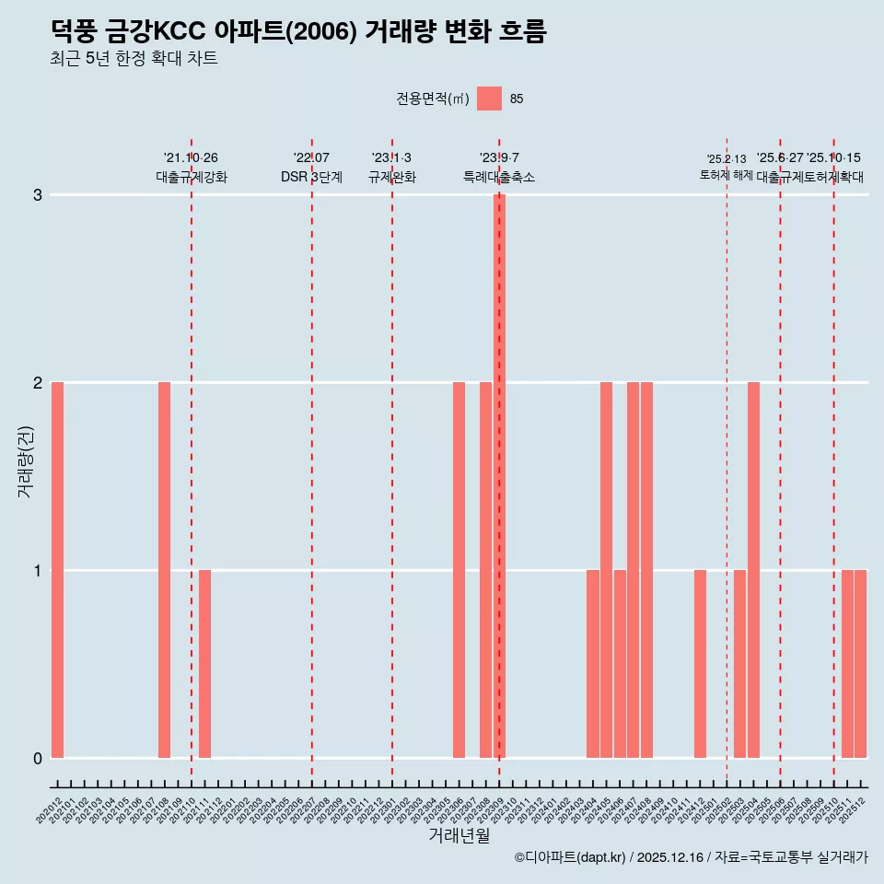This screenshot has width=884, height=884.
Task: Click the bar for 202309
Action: (x=499, y=476)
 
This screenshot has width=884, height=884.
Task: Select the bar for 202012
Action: (x=57, y=570)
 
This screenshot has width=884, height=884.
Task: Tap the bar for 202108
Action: (x=164, y=570)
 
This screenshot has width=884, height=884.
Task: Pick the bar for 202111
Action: (x=204, y=664)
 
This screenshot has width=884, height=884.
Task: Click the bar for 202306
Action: (x=459, y=570)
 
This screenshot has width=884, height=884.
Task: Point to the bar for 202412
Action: (x=700, y=664)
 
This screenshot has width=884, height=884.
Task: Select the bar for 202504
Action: (x=753, y=570)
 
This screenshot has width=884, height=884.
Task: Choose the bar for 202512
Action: (x=860, y=664)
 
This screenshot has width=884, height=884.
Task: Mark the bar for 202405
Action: (x=606, y=570)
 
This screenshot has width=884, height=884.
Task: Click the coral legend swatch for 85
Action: (x=489, y=99)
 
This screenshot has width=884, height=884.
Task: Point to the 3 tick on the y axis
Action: (x=38, y=194)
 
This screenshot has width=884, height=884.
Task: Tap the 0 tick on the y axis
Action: (x=38, y=758)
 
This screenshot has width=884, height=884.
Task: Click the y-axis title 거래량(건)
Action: (x=25, y=461)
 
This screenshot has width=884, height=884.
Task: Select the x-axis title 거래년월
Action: (x=459, y=835)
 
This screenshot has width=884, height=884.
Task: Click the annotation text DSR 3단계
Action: (x=311, y=177)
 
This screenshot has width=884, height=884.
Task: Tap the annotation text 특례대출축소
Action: (x=499, y=177)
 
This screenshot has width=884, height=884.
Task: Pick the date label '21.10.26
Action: (x=191, y=158)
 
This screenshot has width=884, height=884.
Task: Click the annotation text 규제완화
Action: (x=392, y=177)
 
